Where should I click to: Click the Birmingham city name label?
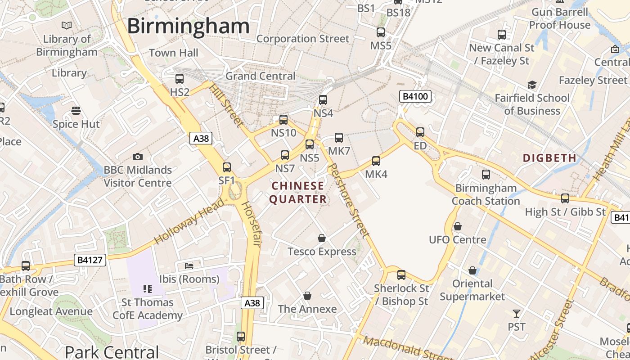(x=188, y=26)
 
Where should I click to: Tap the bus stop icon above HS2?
(x=180, y=79)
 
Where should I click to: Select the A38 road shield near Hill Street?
(x=201, y=138)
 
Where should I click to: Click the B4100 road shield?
(x=415, y=96)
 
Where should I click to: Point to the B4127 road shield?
(x=90, y=260)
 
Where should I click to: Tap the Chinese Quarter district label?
(x=298, y=192)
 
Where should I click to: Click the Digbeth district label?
(x=549, y=158)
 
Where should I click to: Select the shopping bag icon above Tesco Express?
(x=322, y=238)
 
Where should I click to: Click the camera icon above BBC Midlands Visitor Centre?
(x=138, y=157)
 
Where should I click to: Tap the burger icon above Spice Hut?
(x=76, y=111)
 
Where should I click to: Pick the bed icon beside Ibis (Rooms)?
(x=189, y=266)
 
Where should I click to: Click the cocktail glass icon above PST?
(x=517, y=313)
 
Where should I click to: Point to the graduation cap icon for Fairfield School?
(x=532, y=85)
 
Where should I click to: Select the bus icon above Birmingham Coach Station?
(x=486, y=175)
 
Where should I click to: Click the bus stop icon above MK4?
(x=376, y=161)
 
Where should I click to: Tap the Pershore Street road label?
(x=349, y=199)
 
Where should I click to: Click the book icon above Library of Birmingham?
(x=67, y=26)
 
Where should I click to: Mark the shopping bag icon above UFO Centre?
(x=458, y=226)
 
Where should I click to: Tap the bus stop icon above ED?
(x=420, y=132)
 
